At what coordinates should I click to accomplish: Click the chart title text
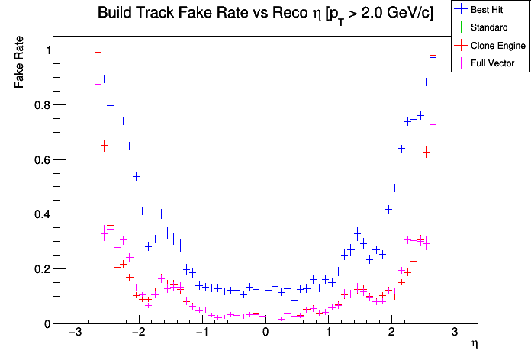pyautogui.click(x=265, y=14)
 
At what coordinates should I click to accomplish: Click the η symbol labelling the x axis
pyautogui.click(x=475, y=345)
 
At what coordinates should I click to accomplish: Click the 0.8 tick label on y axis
pyautogui.click(x=37, y=105)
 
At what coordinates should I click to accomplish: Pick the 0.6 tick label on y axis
pyautogui.click(x=37, y=160)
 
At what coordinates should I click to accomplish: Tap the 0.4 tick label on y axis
pyautogui.click(x=37, y=214)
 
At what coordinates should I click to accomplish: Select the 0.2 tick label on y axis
pyautogui.click(x=37, y=269)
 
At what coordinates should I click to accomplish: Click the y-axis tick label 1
pyautogui.click(x=44, y=50)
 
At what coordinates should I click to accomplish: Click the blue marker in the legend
pyautogui.click(x=462, y=10)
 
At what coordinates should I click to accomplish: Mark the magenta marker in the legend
pyautogui.click(x=462, y=63)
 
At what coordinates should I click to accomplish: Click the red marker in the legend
pyautogui.click(x=462, y=46)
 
